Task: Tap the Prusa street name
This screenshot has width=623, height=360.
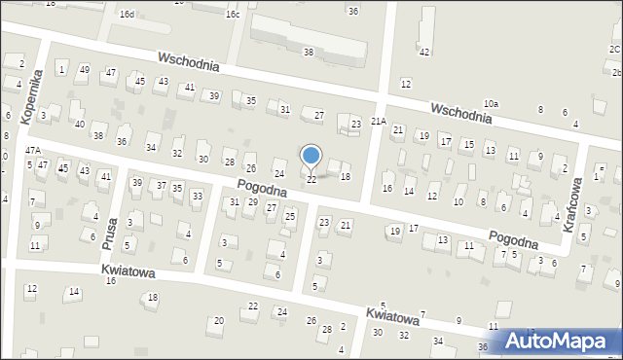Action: (x=110, y=234)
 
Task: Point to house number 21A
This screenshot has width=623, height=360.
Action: (x=378, y=122)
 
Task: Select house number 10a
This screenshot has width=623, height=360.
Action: (x=491, y=103)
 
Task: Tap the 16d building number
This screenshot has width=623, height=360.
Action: (x=127, y=15)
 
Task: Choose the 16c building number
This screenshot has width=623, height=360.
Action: (x=232, y=15)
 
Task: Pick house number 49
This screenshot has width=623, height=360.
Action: (x=85, y=70)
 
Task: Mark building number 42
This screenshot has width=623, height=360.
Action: (x=423, y=52)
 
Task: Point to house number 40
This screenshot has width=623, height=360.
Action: (x=79, y=125)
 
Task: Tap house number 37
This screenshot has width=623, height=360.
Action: (x=161, y=185)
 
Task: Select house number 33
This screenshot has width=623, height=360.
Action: (x=197, y=197)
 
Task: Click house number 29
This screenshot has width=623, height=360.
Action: (x=252, y=201)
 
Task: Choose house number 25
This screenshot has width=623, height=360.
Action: (x=289, y=216)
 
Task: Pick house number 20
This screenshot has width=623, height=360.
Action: (x=219, y=320)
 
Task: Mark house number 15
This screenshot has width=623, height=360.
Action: (x=468, y=145)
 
